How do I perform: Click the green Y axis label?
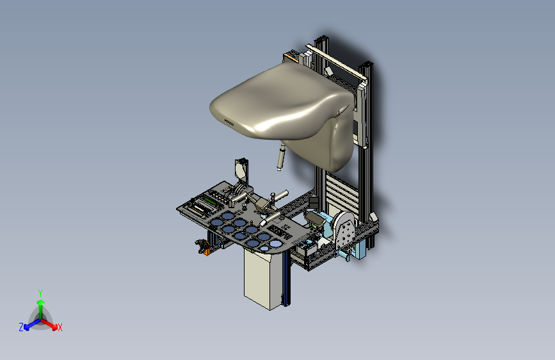click(40, 293)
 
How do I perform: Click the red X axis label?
click(60, 327)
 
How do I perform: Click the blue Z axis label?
click(21, 327)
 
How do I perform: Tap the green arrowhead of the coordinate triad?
click(41, 302)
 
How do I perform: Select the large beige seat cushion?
click(283, 106)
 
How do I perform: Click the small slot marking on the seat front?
click(229, 122)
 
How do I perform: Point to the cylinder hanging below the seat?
click(281, 158)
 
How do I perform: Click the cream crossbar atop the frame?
click(335, 63)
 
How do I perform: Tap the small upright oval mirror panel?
click(241, 168)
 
